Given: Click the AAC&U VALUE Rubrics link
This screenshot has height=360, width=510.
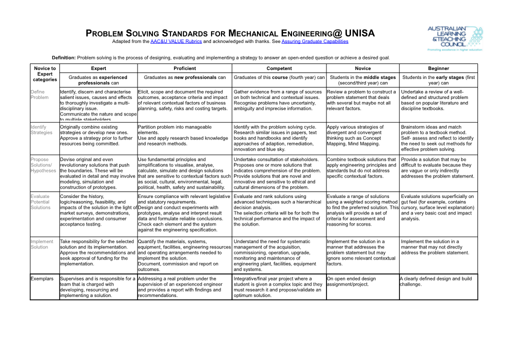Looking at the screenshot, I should click(176, 41).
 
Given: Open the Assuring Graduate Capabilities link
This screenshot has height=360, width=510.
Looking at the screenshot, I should click(314, 41).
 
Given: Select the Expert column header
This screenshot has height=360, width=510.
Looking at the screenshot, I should click(98, 68).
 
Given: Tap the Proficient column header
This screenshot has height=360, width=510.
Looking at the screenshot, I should click(184, 68).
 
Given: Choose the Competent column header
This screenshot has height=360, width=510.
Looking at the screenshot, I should click(279, 68).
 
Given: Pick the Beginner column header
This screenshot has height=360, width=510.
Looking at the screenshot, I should click(438, 68).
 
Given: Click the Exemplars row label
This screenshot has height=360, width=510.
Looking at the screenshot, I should click(44, 279).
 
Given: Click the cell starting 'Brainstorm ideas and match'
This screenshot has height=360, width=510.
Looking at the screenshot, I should click(438, 138).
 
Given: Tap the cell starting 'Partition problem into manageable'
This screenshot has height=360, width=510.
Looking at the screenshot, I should click(184, 135).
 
